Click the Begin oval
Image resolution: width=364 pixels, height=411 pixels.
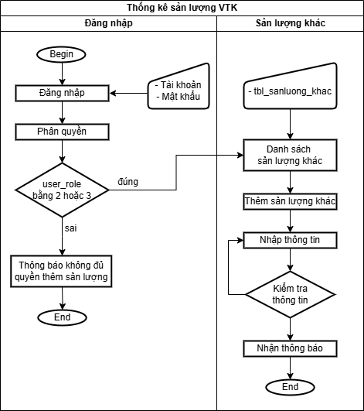61,54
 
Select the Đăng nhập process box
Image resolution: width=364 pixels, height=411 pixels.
62,93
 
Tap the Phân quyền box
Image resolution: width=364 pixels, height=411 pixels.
62,132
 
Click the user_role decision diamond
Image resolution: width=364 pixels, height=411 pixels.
62,190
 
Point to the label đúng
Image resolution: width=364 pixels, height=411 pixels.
128,182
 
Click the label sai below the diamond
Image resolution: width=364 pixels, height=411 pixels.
70,228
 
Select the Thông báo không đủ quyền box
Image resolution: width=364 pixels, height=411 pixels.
61,272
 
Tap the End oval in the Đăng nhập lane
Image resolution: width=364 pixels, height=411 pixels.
62,317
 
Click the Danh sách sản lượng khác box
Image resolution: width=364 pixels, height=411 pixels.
290,155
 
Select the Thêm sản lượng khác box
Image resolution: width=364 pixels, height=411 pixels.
290,201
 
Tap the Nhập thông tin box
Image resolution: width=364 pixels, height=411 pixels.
290,240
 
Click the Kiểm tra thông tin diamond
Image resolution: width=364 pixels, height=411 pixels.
290,294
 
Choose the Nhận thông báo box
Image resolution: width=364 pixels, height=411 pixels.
290,348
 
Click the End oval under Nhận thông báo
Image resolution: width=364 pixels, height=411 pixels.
290,387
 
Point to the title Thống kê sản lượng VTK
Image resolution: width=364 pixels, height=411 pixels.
182,8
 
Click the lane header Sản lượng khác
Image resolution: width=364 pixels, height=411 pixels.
291,23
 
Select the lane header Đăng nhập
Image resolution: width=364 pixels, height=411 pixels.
109,23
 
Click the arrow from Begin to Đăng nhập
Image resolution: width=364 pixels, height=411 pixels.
62,74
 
